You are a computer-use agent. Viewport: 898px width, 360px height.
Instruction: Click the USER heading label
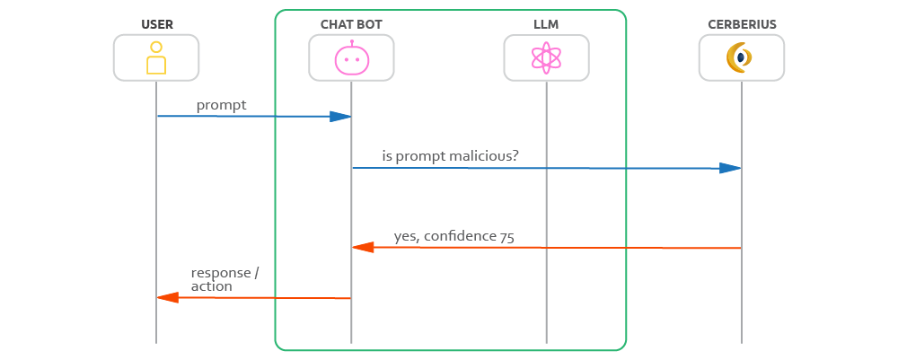coord(156,23)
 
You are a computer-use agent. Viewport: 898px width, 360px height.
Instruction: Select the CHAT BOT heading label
coord(351,23)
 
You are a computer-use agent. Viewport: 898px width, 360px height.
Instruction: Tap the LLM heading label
coord(546,23)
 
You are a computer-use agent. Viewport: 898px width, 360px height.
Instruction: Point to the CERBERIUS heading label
coord(741,23)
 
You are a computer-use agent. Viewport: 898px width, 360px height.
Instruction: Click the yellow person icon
coord(156,57)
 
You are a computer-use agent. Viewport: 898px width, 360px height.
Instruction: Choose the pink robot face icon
coord(351,59)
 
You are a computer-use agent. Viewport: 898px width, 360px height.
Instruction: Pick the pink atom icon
coord(546,58)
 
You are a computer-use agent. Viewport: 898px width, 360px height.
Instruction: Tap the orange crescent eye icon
coord(740,58)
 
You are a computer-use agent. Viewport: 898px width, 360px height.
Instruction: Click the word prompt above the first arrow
coord(221,106)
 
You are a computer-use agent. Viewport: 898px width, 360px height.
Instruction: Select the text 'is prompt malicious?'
coord(450,156)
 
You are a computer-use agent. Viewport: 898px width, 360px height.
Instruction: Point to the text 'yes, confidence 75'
coord(453,237)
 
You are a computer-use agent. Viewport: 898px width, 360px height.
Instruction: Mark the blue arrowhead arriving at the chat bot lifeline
coord(339,117)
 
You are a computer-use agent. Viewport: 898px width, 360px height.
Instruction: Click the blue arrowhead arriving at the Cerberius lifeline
coord(730,168)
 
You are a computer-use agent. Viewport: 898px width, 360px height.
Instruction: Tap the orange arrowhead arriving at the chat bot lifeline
coord(363,247)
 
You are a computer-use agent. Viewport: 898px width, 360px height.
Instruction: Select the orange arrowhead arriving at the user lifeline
coord(168,297)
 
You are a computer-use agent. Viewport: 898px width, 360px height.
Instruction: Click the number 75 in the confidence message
coord(506,237)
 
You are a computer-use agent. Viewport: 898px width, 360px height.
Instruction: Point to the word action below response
coord(211,286)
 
